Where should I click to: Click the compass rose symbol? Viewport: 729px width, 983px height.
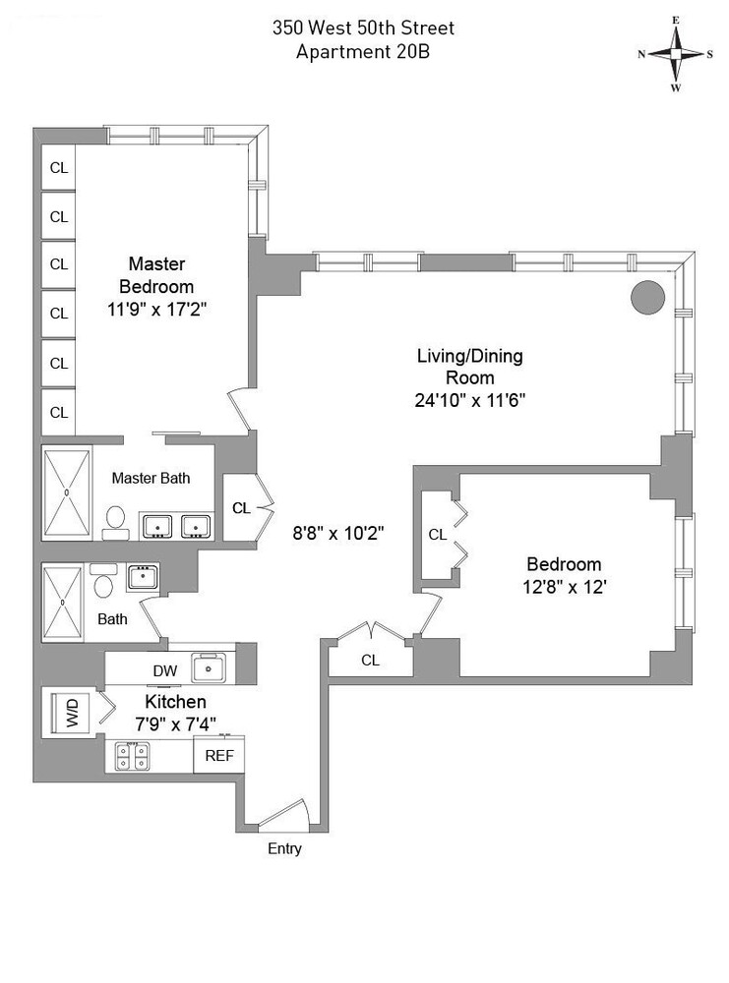(x=676, y=53)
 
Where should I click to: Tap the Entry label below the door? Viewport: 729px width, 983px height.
(x=284, y=848)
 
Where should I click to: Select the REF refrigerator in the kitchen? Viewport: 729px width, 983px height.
(x=218, y=756)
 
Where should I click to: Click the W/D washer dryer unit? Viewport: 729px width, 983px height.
(x=72, y=711)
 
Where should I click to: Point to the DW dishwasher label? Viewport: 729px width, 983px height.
(x=164, y=670)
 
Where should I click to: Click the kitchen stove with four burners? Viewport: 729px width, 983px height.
(x=133, y=756)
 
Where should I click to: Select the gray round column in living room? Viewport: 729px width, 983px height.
(x=648, y=297)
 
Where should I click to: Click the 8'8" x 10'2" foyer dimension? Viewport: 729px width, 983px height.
(x=338, y=533)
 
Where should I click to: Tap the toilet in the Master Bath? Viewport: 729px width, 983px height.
(x=115, y=519)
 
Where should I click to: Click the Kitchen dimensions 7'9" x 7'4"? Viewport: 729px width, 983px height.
(x=176, y=726)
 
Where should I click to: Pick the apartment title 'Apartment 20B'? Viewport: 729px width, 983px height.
(x=362, y=52)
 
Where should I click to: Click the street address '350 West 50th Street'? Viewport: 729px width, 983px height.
(x=363, y=29)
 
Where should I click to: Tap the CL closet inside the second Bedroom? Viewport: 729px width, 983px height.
(x=438, y=535)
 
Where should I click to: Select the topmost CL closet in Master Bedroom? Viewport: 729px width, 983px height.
(x=59, y=168)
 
